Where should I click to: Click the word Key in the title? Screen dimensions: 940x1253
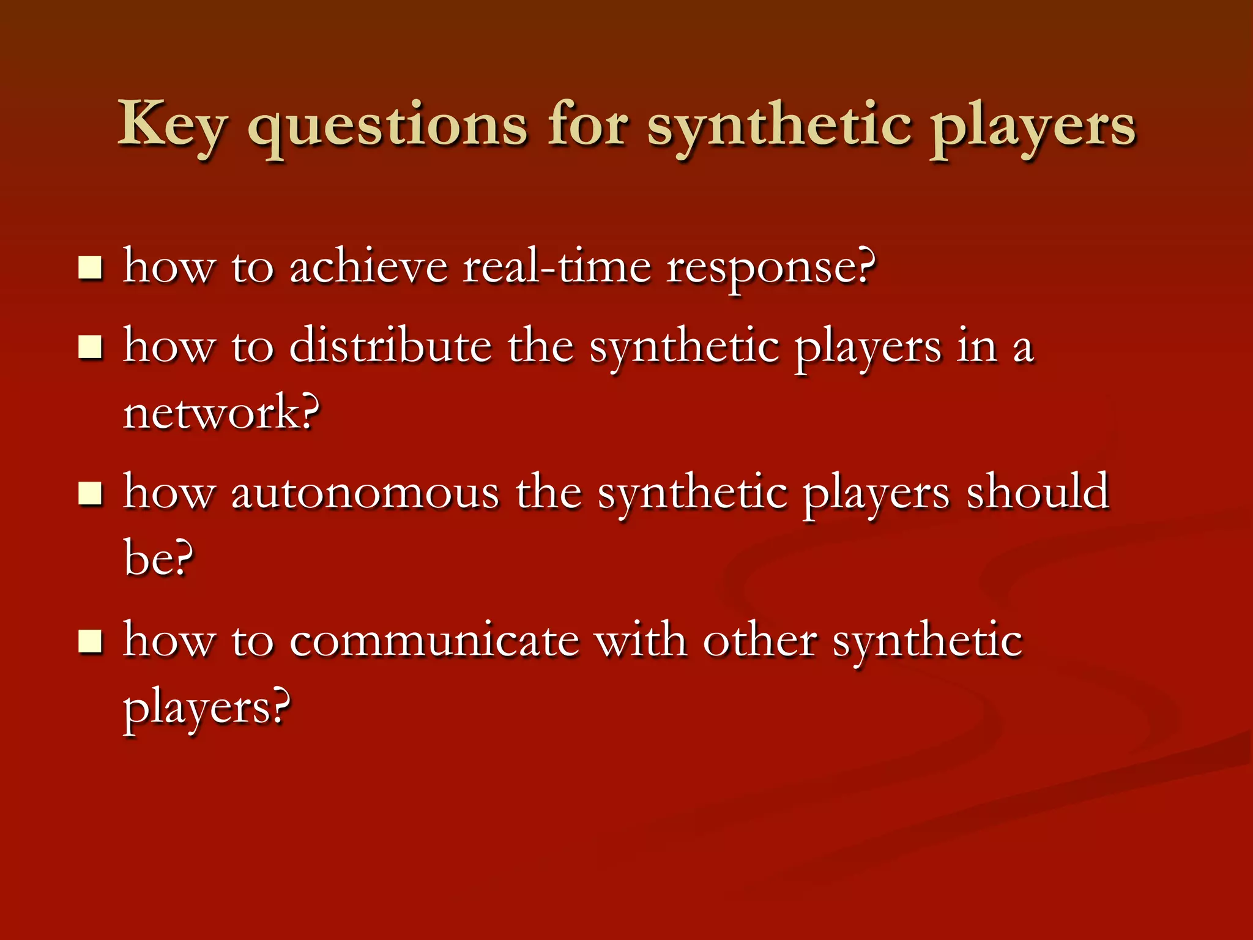[x=172, y=125]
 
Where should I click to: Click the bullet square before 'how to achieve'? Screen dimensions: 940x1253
[x=91, y=268]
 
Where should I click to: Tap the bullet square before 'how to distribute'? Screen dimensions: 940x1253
[x=91, y=348]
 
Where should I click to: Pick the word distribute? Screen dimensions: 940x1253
[x=390, y=346]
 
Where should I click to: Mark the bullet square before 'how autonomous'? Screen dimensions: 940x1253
[x=91, y=493]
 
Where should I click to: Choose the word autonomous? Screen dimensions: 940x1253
[x=365, y=493]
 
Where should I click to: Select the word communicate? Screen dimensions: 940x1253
[x=434, y=641]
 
